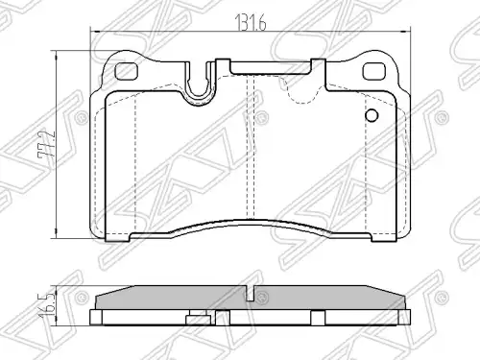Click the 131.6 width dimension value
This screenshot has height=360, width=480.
tap(251, 23)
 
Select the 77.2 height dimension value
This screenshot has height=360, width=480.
tap(47, 145)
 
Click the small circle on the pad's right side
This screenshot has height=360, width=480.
tap(372, 115)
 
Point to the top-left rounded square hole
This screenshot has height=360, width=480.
tap(126, 71)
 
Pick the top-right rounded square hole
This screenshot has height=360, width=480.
tap(373, 71)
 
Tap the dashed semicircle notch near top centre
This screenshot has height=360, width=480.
tap(300, 91)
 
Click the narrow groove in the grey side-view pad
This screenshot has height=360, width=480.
tap(251, 293)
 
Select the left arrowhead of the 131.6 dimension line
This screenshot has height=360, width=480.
tap(95, 32)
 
